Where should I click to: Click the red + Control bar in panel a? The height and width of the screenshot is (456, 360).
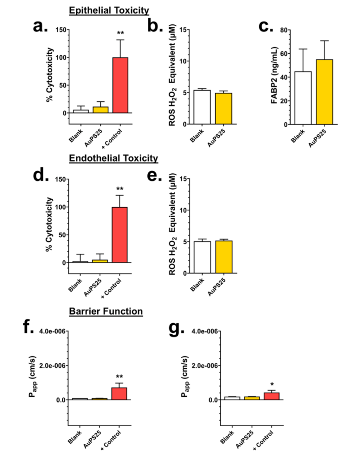[x=120, y=85]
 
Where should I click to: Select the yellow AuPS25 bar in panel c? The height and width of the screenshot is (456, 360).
[x=324, y=92]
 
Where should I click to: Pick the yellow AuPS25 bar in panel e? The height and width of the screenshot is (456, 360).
[x=223, y=256]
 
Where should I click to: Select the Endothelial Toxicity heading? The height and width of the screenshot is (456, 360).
[x=114, y=159]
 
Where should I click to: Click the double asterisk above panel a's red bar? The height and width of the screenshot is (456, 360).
[x=120, y=34]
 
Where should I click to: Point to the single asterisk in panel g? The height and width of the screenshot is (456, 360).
[x=271, y=385]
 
